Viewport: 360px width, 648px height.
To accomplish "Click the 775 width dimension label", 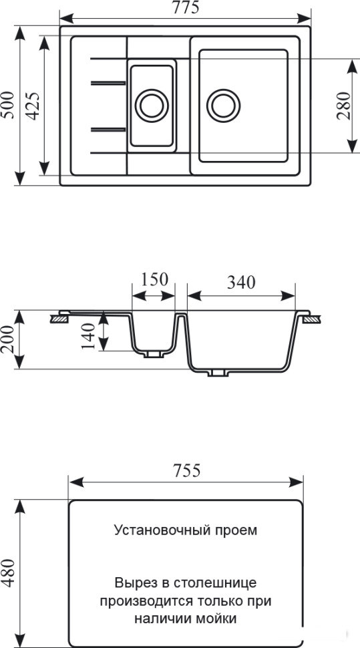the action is click(x=186, y=7).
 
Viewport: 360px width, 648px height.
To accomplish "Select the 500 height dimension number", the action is click(x=9, y=105).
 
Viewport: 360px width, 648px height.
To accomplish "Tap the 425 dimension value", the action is click(x=33, y=106).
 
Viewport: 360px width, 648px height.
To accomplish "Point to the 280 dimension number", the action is click(x=343, y=106).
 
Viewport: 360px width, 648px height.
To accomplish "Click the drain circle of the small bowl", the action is click(x=152, y=105).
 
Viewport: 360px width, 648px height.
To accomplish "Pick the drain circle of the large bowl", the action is click(x=224, y=105).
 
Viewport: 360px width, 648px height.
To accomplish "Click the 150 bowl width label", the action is click(x=154, y=279).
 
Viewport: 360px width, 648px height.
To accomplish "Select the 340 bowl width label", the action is click(x=241, y=282).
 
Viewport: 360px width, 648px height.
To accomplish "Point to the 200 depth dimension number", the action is click(x=8, y=339).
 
